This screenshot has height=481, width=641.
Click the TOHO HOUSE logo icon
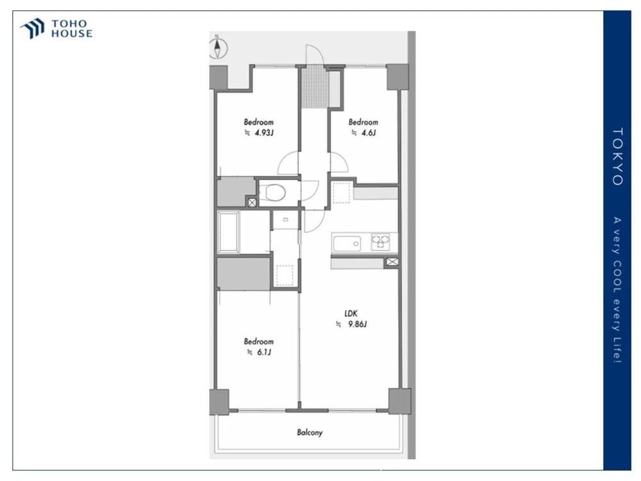(33, 28)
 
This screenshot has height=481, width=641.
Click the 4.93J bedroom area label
(260, 133)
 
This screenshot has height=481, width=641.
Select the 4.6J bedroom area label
(364, 133)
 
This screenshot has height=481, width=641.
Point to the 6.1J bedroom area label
(260, 352)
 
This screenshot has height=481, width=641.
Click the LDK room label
(351, 314)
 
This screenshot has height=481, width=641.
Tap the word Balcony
(310, 432)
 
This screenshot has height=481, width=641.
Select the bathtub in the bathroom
(229, 232)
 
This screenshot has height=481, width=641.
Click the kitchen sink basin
(347, 244)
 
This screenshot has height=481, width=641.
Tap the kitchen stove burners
(380, 242)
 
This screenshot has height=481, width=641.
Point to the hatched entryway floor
(315, 87)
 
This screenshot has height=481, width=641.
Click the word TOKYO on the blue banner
(617, 156)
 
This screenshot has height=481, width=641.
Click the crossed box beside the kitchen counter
(392, 262)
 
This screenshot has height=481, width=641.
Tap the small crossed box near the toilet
(252, 202)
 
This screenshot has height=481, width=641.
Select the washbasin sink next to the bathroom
(285, 219)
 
